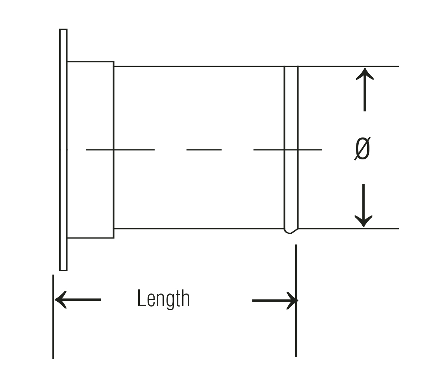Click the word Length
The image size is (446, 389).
tap(164, 299)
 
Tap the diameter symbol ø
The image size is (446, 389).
tap(362, 149)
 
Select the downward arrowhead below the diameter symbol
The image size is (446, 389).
tap(363, 221)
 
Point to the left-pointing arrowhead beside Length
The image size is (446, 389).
tap(61, 300)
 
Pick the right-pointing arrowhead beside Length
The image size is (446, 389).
tap(293, 301)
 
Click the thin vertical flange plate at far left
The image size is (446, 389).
tap(63, 150)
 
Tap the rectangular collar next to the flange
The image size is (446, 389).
tap(90, 150)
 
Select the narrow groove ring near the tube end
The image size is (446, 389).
tap(291, 150)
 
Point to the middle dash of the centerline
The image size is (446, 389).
tap(204, 150)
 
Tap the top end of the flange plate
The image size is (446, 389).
tap(63, 29)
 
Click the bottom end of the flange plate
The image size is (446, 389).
tap(63, 270)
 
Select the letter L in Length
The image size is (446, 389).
tap(141, 298)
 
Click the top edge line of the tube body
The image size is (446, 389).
tap(256, 66)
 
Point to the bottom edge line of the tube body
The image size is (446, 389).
tap(256, 228)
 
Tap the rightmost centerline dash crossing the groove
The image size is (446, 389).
tap(288, 150)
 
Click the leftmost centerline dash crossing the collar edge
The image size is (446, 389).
tap(120, 150)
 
